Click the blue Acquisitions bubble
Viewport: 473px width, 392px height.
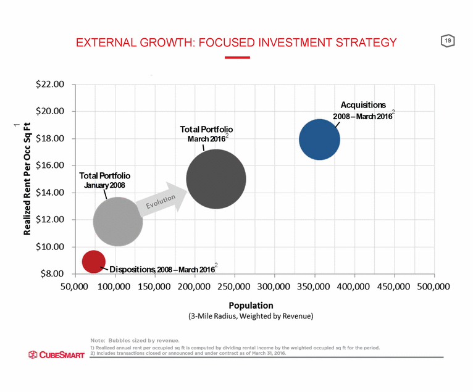319,140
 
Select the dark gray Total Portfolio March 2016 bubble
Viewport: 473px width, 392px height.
216,179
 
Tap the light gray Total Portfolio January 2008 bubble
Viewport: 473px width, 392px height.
118,221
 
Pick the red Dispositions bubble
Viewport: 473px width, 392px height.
93,261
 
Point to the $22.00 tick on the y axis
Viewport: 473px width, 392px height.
50,85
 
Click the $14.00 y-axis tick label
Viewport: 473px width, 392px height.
50,193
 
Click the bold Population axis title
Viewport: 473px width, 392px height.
251,305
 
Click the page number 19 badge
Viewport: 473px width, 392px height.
447,41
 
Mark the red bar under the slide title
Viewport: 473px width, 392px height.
237,57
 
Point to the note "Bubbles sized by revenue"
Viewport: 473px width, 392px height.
135,340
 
